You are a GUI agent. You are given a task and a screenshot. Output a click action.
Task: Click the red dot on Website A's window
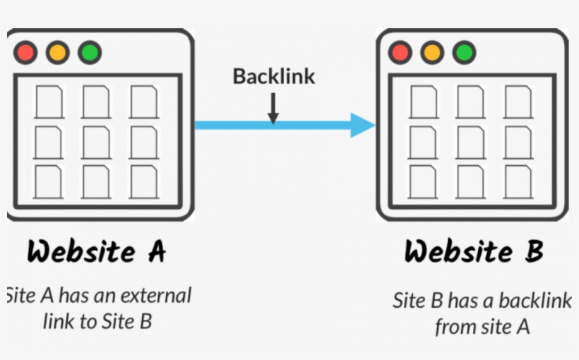26,52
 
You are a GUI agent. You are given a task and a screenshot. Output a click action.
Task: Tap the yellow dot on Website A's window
58,52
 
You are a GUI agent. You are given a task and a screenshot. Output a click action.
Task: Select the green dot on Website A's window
90,52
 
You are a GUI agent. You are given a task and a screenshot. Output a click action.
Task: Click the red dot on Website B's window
400,52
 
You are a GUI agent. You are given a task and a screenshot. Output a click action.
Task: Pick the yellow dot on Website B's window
432,52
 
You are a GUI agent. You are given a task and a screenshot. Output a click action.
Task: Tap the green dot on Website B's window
464,52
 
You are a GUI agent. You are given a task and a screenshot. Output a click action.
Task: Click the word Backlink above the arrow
274,76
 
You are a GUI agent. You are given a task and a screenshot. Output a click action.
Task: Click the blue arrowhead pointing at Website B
363,126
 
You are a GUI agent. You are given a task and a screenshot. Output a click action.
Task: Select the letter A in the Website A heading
155,251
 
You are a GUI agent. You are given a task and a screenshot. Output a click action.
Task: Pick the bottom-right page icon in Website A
144,181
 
